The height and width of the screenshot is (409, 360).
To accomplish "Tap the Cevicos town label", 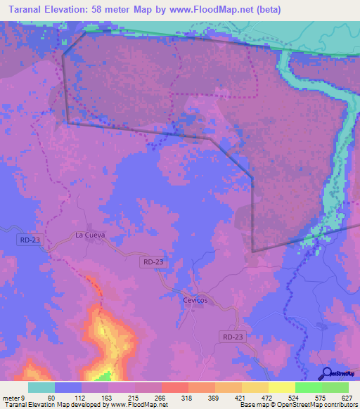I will tap(195, 300).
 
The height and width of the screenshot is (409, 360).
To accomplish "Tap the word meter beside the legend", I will tap(12, 397).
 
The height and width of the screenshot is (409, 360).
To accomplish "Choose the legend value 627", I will tap(347, 397).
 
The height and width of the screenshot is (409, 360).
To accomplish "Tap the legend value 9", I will tap(24, 397).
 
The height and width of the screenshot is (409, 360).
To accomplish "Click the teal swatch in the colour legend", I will tap(41, 387).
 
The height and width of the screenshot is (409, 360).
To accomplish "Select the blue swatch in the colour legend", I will tap(68, 387).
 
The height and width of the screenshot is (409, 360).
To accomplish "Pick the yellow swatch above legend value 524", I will tap(282, 387).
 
